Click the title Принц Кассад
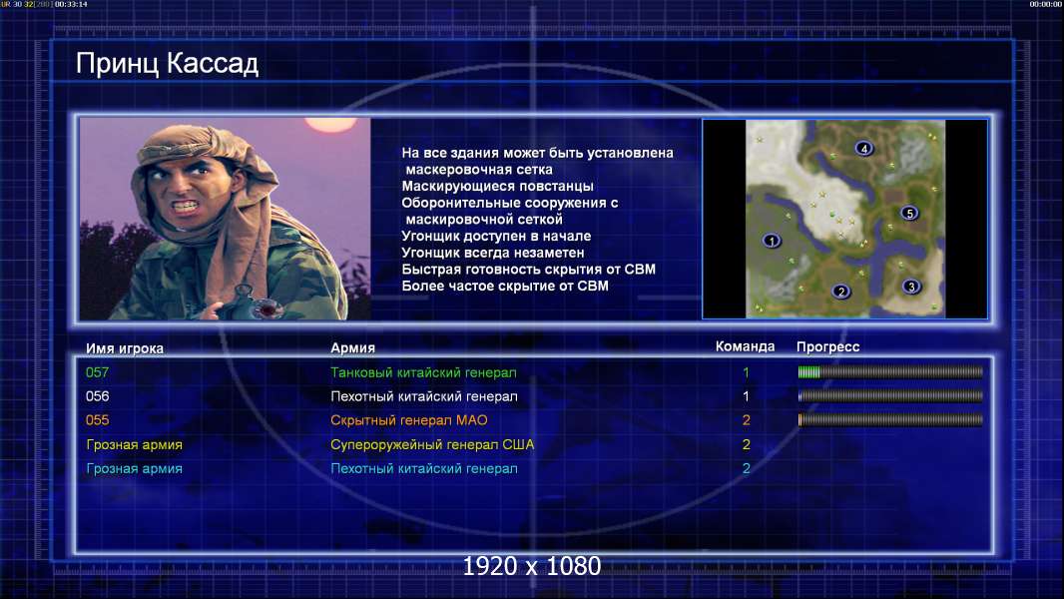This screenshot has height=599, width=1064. pos(167,64)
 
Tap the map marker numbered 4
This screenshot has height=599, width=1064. pos(863,148)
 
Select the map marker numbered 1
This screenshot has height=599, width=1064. pos(771,241)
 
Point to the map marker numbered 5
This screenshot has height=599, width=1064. pos(909,213)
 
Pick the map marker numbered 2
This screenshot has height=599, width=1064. pos(840,292)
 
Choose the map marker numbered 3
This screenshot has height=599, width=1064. pos(911,287)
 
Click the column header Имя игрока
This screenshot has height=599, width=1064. pos(124,348)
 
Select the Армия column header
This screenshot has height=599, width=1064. pos(353,348)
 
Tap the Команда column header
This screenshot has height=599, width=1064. pos(745,346)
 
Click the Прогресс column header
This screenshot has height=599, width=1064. pos(827,347)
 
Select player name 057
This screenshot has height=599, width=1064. pos(97,372)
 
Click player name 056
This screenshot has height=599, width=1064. pos(97,396)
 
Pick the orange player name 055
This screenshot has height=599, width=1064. pos(97,420)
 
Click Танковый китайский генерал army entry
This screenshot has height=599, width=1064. pos(423,372)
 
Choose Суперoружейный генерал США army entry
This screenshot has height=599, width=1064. pos(432,445)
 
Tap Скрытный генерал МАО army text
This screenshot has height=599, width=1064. pos(408,420)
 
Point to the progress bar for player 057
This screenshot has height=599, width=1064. pos(890,371)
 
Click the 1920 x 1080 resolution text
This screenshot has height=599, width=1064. pos(531,566)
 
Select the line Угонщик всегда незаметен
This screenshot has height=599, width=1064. pos(493,253)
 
